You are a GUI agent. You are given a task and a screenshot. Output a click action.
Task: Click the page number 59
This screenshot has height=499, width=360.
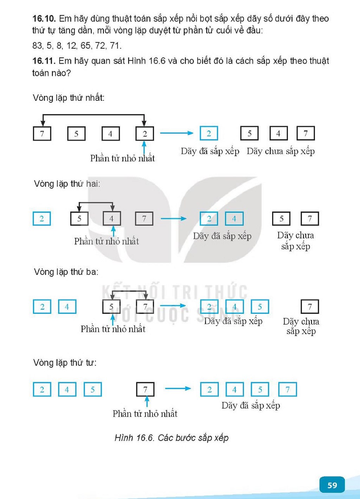coord(332,485)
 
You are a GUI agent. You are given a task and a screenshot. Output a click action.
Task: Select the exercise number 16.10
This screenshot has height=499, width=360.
coord(44,19)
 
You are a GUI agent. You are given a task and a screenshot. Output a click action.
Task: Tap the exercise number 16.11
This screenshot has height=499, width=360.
coord(44,61)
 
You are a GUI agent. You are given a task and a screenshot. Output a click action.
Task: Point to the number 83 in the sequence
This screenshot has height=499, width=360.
coord(37,45)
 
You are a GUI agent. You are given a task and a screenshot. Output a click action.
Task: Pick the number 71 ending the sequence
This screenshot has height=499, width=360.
coord(115,45)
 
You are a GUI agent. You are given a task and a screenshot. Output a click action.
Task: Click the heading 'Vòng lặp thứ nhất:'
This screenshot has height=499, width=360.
coord(69,98)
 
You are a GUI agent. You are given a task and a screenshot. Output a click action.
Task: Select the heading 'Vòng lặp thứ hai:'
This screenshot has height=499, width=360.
coord(67,184)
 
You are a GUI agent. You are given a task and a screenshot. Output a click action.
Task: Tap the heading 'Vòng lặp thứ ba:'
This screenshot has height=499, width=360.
coord(66,272)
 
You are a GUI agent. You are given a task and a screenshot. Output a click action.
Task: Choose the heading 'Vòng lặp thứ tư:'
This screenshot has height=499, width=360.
coord(65,362)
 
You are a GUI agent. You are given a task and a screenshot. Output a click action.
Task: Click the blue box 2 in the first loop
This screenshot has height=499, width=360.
coord(209,133)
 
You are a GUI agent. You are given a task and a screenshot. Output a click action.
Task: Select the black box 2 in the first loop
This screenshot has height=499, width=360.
coord(144,134)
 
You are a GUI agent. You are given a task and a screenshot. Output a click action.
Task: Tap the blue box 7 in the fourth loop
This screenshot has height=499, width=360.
coord(288,390)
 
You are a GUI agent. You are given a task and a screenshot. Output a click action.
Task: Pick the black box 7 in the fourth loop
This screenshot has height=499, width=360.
coord(145,390)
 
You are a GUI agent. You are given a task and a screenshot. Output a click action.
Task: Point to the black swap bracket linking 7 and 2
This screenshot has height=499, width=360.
coord(94,115)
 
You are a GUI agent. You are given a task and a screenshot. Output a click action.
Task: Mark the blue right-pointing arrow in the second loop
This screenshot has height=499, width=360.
coord(174,219)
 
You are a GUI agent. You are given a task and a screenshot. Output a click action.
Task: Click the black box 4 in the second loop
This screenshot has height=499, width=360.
coord(112,219)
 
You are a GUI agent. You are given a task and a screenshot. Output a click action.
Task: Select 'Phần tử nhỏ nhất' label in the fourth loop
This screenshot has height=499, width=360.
coord(145,414)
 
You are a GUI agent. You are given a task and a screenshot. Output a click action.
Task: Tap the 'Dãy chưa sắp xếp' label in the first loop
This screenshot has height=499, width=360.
coord(281,151)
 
